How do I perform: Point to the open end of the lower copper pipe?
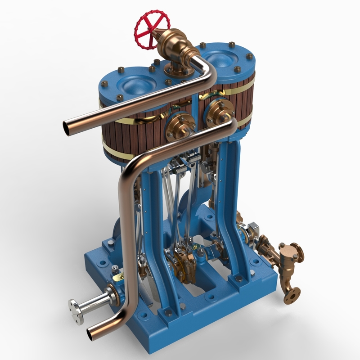pyautogui.click(x=93, y=333)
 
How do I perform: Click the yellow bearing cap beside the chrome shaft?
pyautogui.click(x=118, y=279)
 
